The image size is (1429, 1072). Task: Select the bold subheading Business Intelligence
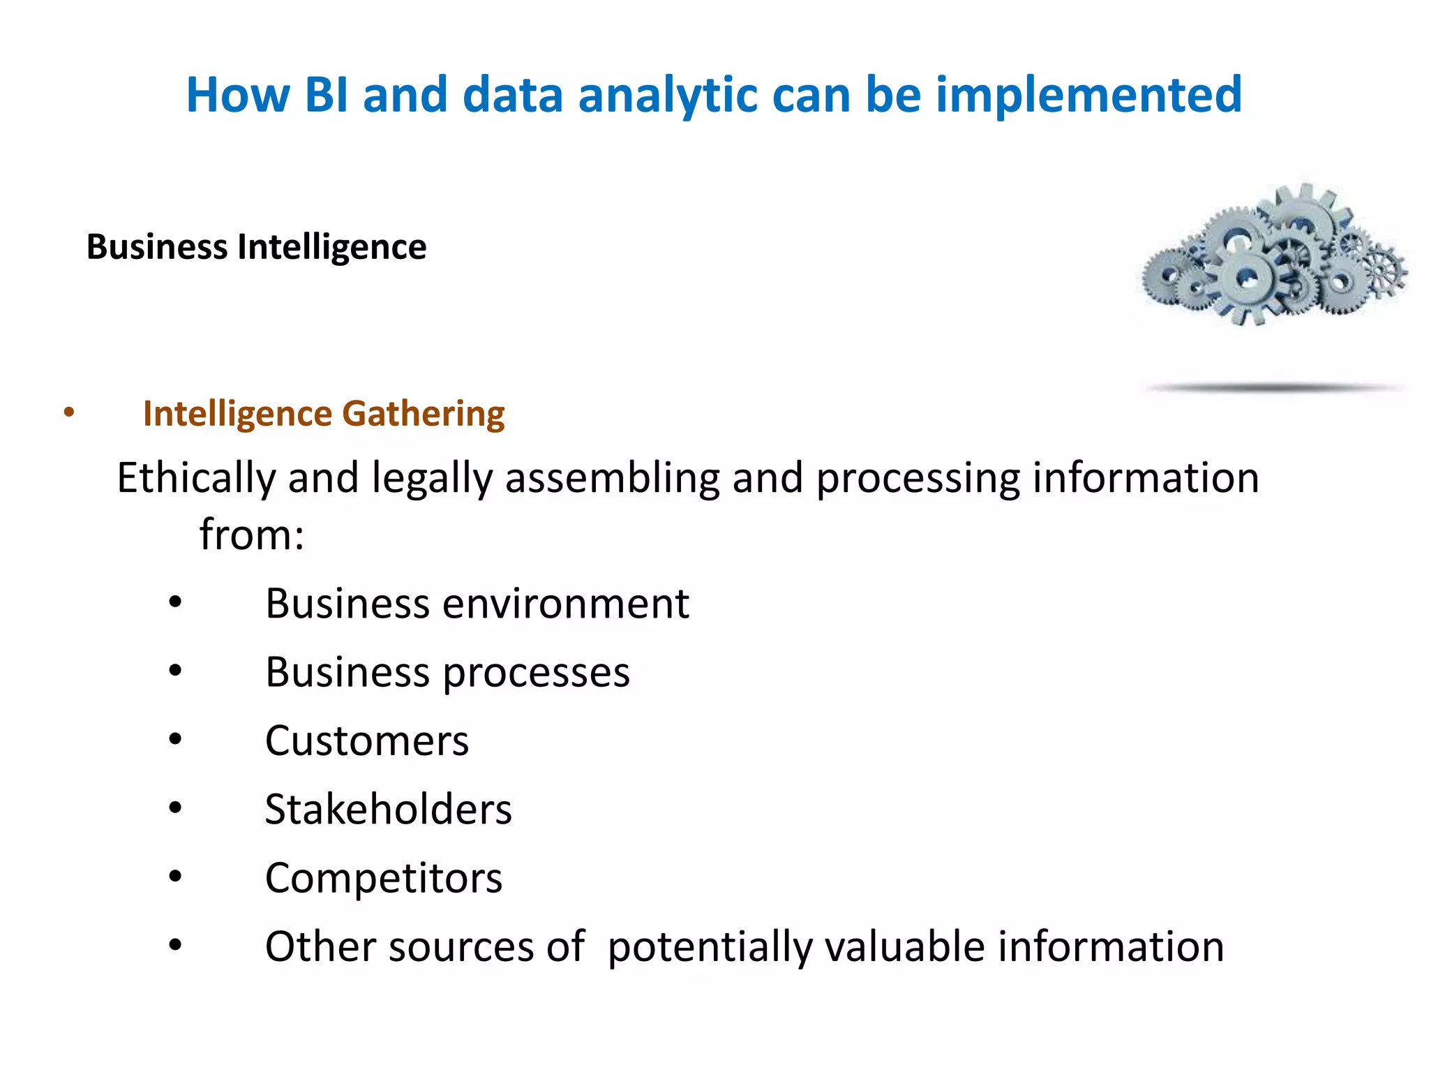point(256,247)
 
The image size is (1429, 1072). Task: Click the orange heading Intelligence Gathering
point(324,414)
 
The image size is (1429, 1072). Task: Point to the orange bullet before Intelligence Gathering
point(68,412)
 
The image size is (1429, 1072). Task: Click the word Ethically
point(196,479)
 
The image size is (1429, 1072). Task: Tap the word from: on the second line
point(252,535)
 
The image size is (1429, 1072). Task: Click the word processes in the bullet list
point(536,673)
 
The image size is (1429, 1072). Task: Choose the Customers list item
point(367,741)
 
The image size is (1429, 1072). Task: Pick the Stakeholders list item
point(389,810)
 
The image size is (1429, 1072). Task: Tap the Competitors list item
point(384,878)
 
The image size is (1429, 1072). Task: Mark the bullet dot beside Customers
point(175,739)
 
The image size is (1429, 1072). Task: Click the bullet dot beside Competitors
point(175,876)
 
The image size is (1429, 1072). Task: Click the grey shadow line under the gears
point(1275,387)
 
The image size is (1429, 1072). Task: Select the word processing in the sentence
point(918,479)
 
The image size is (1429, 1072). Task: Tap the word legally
point(432,479)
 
